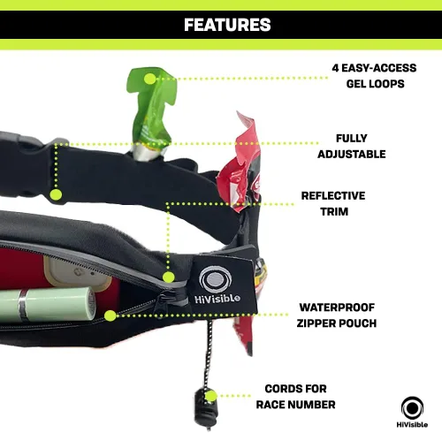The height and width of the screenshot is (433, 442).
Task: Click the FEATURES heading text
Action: click(x=227, y=25)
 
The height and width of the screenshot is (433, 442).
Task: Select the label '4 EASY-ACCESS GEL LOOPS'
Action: click(x=374, y=76)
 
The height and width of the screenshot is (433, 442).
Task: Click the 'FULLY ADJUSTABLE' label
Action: click(x=352, y=146)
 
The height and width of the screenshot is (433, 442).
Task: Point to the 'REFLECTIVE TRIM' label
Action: click(x=333, y=203)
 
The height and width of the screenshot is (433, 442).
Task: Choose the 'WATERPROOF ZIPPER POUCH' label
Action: click(x=337, y=315)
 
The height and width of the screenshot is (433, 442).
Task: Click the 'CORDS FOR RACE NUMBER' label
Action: click(x=295, y=397)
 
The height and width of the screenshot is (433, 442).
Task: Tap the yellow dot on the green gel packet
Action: click(x=149, y=79)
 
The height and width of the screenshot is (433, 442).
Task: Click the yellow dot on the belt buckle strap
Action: click(x=56, y=194)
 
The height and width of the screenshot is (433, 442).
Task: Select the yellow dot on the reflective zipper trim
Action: click(x=168, y=277)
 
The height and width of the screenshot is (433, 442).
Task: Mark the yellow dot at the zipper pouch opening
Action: click(x=110, y=315)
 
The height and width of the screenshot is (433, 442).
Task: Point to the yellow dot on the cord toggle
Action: click(x=210, y=396)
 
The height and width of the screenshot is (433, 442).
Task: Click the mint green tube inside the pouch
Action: click(x=47, y=304)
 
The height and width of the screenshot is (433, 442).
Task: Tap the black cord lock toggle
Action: click(x=206, y=409)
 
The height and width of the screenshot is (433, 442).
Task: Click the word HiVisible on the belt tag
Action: click(x=217, y=299)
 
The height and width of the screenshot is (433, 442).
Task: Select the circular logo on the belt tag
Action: click(x=216, y=279)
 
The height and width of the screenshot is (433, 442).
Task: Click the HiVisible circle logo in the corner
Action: click(x=412, y=407)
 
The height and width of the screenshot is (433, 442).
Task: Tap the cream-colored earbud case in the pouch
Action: click(x=77, y=272)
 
